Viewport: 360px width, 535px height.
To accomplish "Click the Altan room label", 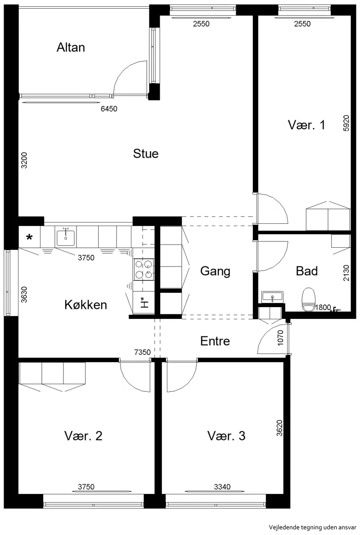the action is [71, 47].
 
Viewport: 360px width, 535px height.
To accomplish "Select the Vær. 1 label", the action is [306, 125].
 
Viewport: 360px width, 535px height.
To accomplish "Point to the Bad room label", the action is [307, 271].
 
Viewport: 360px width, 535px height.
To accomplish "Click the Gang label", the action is [215, 271].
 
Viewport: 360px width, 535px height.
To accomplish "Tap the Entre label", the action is [215, 341].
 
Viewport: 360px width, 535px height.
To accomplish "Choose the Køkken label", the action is [85, 304].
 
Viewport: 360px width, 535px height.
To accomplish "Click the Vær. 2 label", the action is [83, 436].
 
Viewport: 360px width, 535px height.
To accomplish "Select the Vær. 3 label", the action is [226, 436].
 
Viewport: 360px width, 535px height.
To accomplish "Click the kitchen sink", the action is [66, 237].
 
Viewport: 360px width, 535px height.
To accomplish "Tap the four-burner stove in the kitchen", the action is [144, 270].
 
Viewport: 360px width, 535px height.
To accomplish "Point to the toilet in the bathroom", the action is [309, 300].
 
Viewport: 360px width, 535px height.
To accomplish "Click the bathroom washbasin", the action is [272, 297].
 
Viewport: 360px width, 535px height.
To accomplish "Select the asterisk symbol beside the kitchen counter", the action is [30, 237].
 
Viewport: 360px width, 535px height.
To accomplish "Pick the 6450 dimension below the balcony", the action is [109, 109].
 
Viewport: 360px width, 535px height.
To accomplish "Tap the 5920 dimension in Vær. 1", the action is [346, 123].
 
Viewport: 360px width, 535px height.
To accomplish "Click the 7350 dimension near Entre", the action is [143, 352].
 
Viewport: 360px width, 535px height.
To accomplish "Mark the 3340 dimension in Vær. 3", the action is [222, 487].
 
